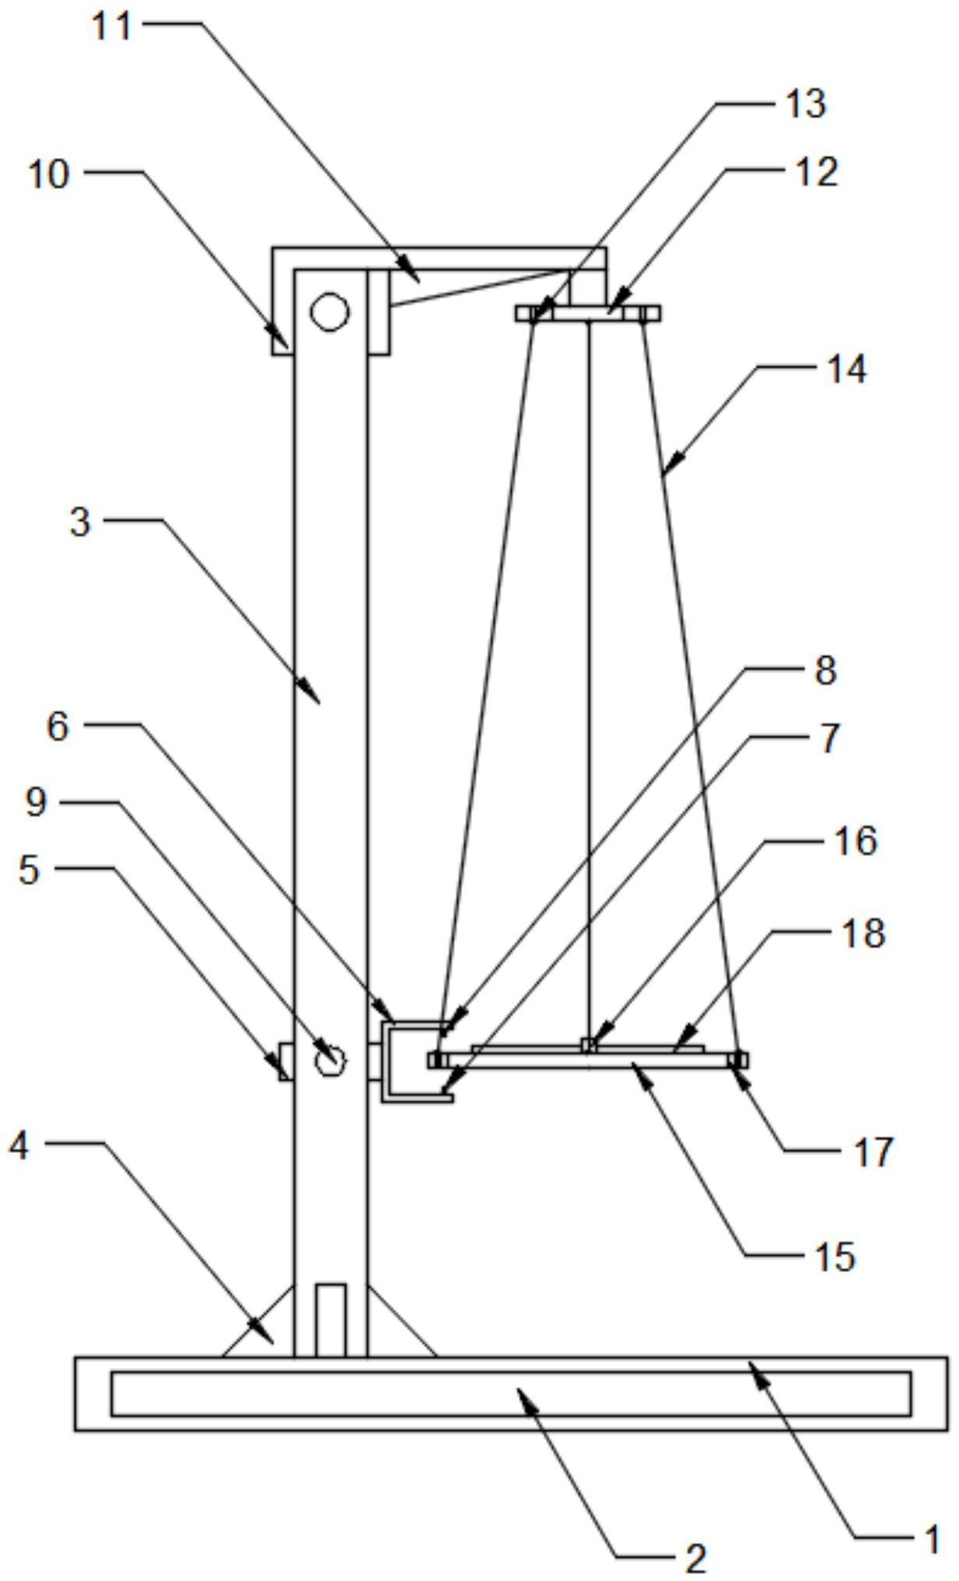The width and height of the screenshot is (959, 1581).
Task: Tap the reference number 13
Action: coord(805,104)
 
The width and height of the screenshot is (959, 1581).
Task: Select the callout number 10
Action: coord(48,174)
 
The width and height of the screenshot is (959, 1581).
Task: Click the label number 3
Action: coord(80,522)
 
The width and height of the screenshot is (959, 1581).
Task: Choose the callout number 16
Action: coord(856,841)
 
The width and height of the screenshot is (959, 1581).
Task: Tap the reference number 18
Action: coord(864,933)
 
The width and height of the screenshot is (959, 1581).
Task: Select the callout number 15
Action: coord(834,1256)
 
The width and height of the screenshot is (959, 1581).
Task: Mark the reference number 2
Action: coord(695,1559)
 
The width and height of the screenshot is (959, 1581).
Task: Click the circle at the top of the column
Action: coord(330,311)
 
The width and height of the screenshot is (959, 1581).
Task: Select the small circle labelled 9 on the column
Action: coord(330,1059)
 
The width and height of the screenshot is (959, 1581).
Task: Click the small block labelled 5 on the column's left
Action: coord(286,1062)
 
